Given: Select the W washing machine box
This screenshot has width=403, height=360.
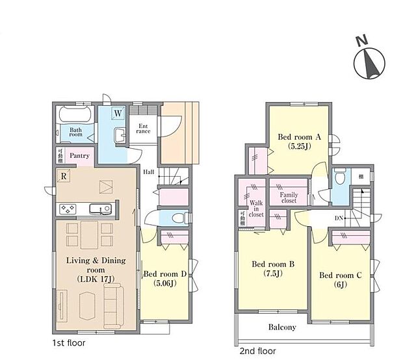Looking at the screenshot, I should tap(118, 114).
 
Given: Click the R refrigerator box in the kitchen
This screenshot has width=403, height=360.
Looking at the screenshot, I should tap(64, 175).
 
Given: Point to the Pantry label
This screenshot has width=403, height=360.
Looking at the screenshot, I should tap(80, 156).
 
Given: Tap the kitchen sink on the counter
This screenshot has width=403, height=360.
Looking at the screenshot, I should tap(99, 209).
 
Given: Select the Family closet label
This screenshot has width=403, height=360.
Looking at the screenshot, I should tap(288, 198).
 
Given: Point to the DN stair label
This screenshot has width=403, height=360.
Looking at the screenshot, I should tap(339, 218).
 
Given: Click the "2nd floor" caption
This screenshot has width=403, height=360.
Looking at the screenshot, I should tap(258, 351).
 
